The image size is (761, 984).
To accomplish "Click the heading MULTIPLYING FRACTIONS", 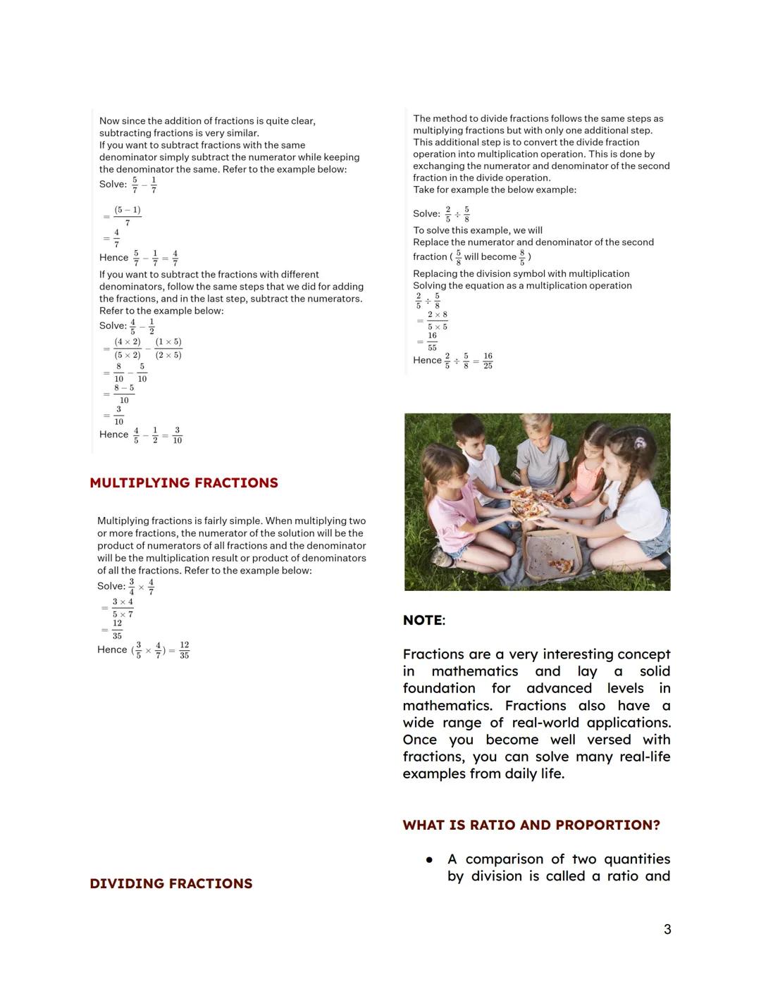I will coord(184,483).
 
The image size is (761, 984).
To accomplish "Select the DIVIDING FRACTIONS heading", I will coord(171,884).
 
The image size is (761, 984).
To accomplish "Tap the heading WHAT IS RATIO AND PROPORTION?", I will coord(531,825).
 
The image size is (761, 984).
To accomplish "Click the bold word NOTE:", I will coord(423,621).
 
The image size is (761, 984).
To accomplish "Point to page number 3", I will coord(667,930).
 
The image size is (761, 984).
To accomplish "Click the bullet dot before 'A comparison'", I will coord(428,859).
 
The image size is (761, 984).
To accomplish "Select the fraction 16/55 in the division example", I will coord(432,342).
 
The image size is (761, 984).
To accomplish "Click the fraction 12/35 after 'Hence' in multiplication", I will coord(184,650).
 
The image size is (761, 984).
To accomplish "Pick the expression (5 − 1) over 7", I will coord(128,216).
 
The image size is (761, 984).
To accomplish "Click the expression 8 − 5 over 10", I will coord(124,394).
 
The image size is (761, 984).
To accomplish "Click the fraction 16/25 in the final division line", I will coord(488,361).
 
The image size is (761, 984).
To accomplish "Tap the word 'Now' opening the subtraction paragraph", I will coord(109,121).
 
